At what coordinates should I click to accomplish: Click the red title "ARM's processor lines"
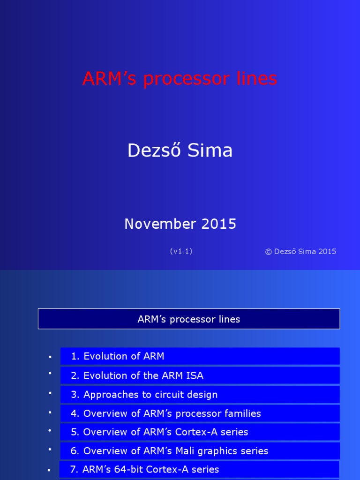[180, 79]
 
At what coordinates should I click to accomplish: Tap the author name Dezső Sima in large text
[180, 150]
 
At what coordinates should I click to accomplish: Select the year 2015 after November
[219, 224]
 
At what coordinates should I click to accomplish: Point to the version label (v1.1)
[181, 251]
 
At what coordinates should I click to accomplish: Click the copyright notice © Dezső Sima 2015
[300, 251]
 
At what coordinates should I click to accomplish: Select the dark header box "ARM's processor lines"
[189, 319]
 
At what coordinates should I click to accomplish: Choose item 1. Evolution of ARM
[118, 356]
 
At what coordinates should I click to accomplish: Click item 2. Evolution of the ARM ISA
[137, 375]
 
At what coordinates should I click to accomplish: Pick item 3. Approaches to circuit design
[144, 395]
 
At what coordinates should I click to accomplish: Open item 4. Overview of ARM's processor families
[165, 413]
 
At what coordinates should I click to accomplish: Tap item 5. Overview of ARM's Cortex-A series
[159, 432]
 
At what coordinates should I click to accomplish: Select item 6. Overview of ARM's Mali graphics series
[169, 451]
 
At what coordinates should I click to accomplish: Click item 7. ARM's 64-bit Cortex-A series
[144, 469]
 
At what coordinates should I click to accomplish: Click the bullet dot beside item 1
[50, 357]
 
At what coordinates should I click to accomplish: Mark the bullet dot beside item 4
[50, 412]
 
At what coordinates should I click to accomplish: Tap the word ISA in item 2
[195, 375]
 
